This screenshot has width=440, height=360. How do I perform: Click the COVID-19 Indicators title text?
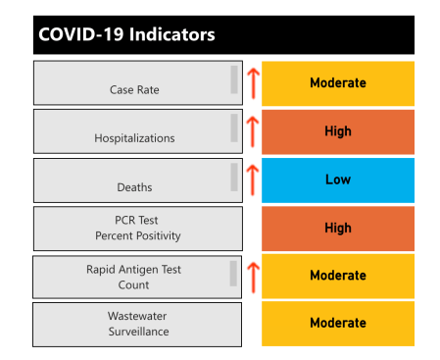coord(126,34)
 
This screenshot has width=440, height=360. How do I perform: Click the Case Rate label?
coord(134,90)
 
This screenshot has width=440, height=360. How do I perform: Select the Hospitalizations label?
coord(134,138)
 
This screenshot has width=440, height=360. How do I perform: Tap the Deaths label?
coord(134,186)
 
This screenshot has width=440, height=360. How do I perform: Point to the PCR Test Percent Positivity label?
coord(134,229)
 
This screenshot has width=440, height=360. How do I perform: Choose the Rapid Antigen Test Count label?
coord(134,278)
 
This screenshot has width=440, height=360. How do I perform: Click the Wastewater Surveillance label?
coord(134,324)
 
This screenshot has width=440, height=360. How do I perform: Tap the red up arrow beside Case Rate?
coord(251,82)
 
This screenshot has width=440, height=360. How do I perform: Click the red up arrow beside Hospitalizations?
coord(251,130)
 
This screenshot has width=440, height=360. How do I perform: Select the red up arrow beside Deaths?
coord(251,179)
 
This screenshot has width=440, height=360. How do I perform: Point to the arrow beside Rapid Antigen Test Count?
coord(251,277)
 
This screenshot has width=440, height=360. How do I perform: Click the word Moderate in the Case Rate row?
coord(338,83)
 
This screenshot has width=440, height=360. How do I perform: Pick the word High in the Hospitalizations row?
coord(338,131)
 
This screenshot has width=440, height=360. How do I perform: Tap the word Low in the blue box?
coord(338,180)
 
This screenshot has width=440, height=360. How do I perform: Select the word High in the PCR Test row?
coord(338,228)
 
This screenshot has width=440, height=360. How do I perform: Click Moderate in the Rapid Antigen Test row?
coord(338,276)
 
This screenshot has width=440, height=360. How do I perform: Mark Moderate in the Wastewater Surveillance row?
coord(338,323)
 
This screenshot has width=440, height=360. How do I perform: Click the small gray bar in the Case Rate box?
coord(234,79)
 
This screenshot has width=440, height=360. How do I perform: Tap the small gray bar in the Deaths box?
coord(234,177)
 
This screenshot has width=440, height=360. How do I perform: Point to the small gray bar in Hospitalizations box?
coord(234,128)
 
